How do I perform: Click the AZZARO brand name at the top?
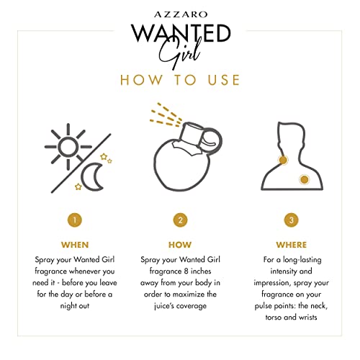[181, 14]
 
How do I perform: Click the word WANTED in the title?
[181, 33]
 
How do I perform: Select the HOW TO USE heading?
[180, 80]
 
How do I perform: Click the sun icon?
[68, 147]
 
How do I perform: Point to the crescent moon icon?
[92, 176]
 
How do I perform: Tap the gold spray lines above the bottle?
[166, 114]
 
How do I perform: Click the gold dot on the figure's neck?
[283, 160]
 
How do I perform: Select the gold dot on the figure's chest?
[305, 179]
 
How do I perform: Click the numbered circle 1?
[75, 220]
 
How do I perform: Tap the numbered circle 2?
[181, 220]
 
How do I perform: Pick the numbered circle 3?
[292, 220]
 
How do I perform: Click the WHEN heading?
[75, 245]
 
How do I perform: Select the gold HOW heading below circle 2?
[180, 245]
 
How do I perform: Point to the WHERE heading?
[292, 245]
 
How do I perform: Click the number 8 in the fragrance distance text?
[186, 271]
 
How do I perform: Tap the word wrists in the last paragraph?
[308, 318]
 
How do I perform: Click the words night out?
[75, 306]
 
